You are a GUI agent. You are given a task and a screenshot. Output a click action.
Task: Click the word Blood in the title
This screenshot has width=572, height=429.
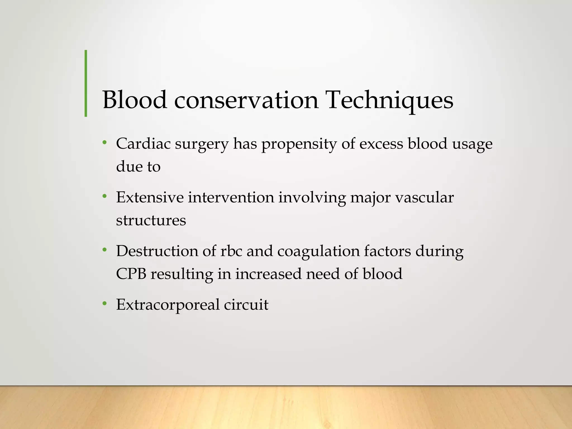135,100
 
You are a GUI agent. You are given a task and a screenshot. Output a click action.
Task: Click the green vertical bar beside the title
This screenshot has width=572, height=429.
86,83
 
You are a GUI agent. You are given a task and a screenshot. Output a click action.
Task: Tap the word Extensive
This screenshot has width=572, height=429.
150,197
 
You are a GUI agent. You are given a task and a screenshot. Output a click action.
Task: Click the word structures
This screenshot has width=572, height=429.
151,220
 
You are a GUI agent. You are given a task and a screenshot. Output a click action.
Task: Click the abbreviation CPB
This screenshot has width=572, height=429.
131,274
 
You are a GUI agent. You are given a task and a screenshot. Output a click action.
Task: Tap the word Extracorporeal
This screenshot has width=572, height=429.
168,305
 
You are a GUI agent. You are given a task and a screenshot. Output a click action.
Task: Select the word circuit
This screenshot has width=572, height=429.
246,304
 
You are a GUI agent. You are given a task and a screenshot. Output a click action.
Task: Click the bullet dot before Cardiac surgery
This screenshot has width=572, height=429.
104,143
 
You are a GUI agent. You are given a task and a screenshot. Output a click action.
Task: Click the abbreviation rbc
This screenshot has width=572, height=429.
231,251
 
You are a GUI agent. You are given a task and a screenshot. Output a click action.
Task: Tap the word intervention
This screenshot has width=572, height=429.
231,197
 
